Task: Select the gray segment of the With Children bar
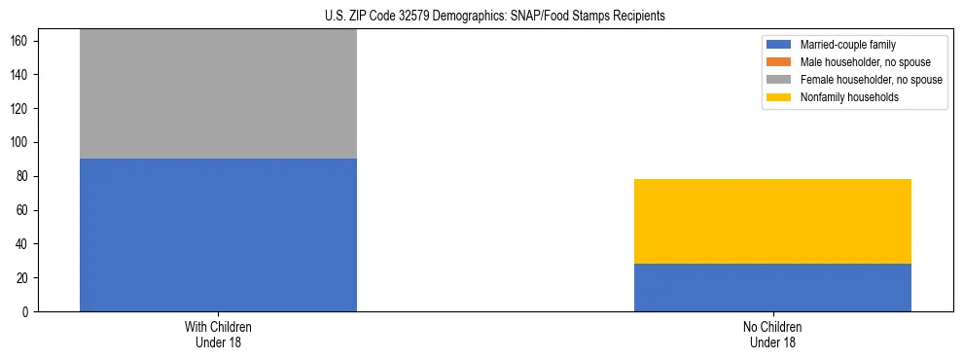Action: [x=218, y=94]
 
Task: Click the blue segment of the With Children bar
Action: [x=218, y=234]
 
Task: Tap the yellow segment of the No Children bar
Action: [x=772, y=221]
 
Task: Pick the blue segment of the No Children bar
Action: [x=772, y=287]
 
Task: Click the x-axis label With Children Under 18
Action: [x=218, y=334]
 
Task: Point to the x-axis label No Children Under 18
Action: [x=772, y=334]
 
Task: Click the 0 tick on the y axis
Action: [x=28, y=312]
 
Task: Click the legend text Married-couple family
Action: [x=848, y=45]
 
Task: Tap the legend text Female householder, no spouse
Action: [x=871, y=80]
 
